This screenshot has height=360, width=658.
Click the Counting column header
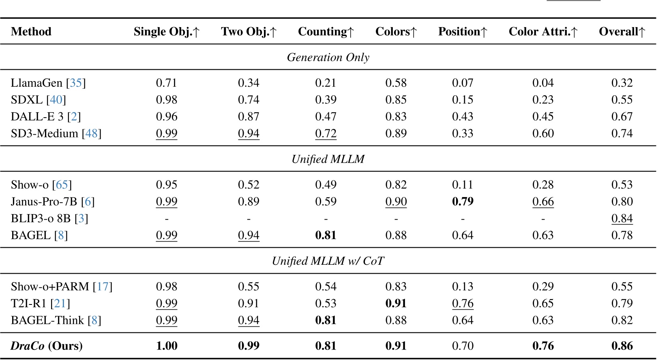[x=326, y=32]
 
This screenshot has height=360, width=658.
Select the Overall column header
[x=622, y=32]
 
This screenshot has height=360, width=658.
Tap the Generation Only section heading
[x=328, y=58]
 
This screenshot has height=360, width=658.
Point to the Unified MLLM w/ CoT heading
[x=328, y=261]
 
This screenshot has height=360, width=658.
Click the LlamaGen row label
[x=36, y=83]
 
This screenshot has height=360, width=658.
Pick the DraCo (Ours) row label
[x=47, y=346]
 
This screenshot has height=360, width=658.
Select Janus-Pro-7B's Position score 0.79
[x=463, y=201]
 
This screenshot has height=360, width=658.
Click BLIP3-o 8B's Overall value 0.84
[x=622, y=219]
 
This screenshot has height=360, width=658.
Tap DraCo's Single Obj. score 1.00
[x=167, y=346]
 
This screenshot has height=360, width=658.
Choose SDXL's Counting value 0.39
[x=326, y=100]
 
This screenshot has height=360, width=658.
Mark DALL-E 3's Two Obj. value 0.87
[x=249, y=117]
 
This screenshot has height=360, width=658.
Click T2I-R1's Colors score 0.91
[x=396, y=303]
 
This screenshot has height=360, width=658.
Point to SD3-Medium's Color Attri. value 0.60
[x=543, y=133]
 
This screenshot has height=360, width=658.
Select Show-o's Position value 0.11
[x=463, y=185]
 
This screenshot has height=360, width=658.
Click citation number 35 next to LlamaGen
[x=76, y=83]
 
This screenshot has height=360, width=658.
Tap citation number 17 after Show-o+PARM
[x=103, y=287]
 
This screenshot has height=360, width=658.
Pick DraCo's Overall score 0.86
[x=622, y=346]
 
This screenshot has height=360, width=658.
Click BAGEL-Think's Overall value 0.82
[x=622, y=320]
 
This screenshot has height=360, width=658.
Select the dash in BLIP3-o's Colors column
[x=396, y=219]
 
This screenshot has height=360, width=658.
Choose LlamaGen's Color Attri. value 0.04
[x=543, y=83]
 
